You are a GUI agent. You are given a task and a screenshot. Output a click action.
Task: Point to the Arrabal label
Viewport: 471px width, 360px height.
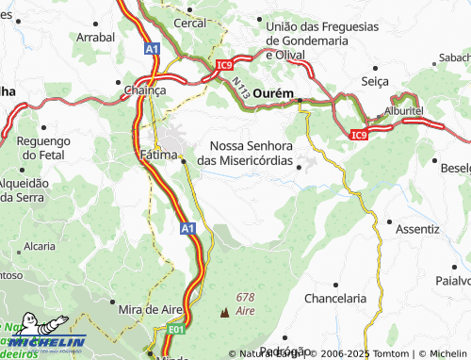tap(94, 37)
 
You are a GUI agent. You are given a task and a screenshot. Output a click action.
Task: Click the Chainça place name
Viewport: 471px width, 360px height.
tap(145, 90)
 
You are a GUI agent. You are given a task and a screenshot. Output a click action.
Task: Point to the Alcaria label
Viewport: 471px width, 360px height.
tap(40, 246)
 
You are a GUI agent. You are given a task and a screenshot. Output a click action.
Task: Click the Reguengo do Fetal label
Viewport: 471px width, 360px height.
tap(44, 148)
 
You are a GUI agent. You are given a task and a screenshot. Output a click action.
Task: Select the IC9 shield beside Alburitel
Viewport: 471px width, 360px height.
tap(358, 136)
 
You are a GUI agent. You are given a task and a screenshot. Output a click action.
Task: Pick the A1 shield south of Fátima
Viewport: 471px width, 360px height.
tap(187, 228)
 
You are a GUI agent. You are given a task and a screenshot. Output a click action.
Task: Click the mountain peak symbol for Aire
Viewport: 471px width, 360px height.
tap(224, 311)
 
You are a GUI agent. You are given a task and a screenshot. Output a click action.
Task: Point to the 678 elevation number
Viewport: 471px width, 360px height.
tap(247, 297)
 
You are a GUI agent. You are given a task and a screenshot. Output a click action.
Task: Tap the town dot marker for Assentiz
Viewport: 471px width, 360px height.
tap(390, 222)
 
